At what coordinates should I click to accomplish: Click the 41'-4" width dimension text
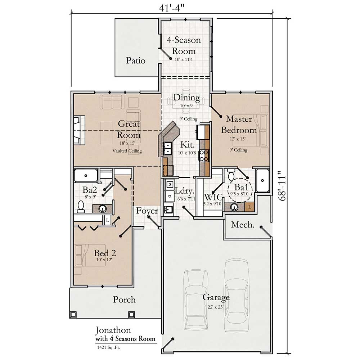(x=172, y=8)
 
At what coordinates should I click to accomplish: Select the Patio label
(x=136, y=60)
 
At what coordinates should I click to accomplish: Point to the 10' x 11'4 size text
(x=184, y=59)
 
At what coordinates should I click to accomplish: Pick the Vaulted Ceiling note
(x=127, y=151)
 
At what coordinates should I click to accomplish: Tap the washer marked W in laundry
(x=170, y=184)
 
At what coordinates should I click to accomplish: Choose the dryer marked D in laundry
(x=170, y=196)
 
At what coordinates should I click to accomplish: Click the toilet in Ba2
(x=81, y=206)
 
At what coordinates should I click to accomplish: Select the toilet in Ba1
(x=231, y=175)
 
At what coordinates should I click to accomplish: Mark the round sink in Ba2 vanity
(x=102, y=208)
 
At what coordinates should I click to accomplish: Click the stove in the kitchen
(x=203, y=156)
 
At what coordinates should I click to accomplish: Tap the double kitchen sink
(x=168, y=148)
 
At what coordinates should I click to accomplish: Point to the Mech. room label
(x=243, y=225)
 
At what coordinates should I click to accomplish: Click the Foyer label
(x=147, y=211)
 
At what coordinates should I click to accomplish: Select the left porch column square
(x=73, y=314)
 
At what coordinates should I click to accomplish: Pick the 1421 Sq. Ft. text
(x=108, y=347)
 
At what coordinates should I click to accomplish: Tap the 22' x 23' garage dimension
(x=215, y=307)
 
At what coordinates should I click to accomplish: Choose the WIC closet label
(x=213, y=197)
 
